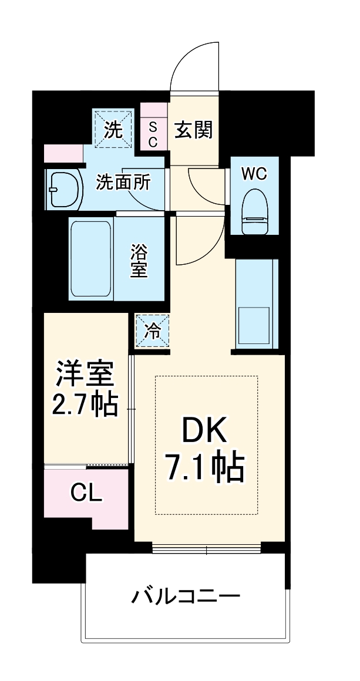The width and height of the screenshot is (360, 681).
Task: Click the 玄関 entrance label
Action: click(x=193, y=129)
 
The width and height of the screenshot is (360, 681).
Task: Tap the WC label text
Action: click(x=254, y=174)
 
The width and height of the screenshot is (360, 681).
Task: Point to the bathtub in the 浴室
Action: click(x=90, y=258)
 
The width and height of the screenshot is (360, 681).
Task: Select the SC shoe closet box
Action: click(x=153, y=134)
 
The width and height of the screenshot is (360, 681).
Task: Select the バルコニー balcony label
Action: click(x=186, y=598)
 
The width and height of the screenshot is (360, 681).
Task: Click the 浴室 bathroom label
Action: click(x=139, y=262)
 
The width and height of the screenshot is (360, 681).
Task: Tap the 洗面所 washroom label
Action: click(x=123, y=183)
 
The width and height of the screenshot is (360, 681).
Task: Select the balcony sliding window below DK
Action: click(x=206, y=549)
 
